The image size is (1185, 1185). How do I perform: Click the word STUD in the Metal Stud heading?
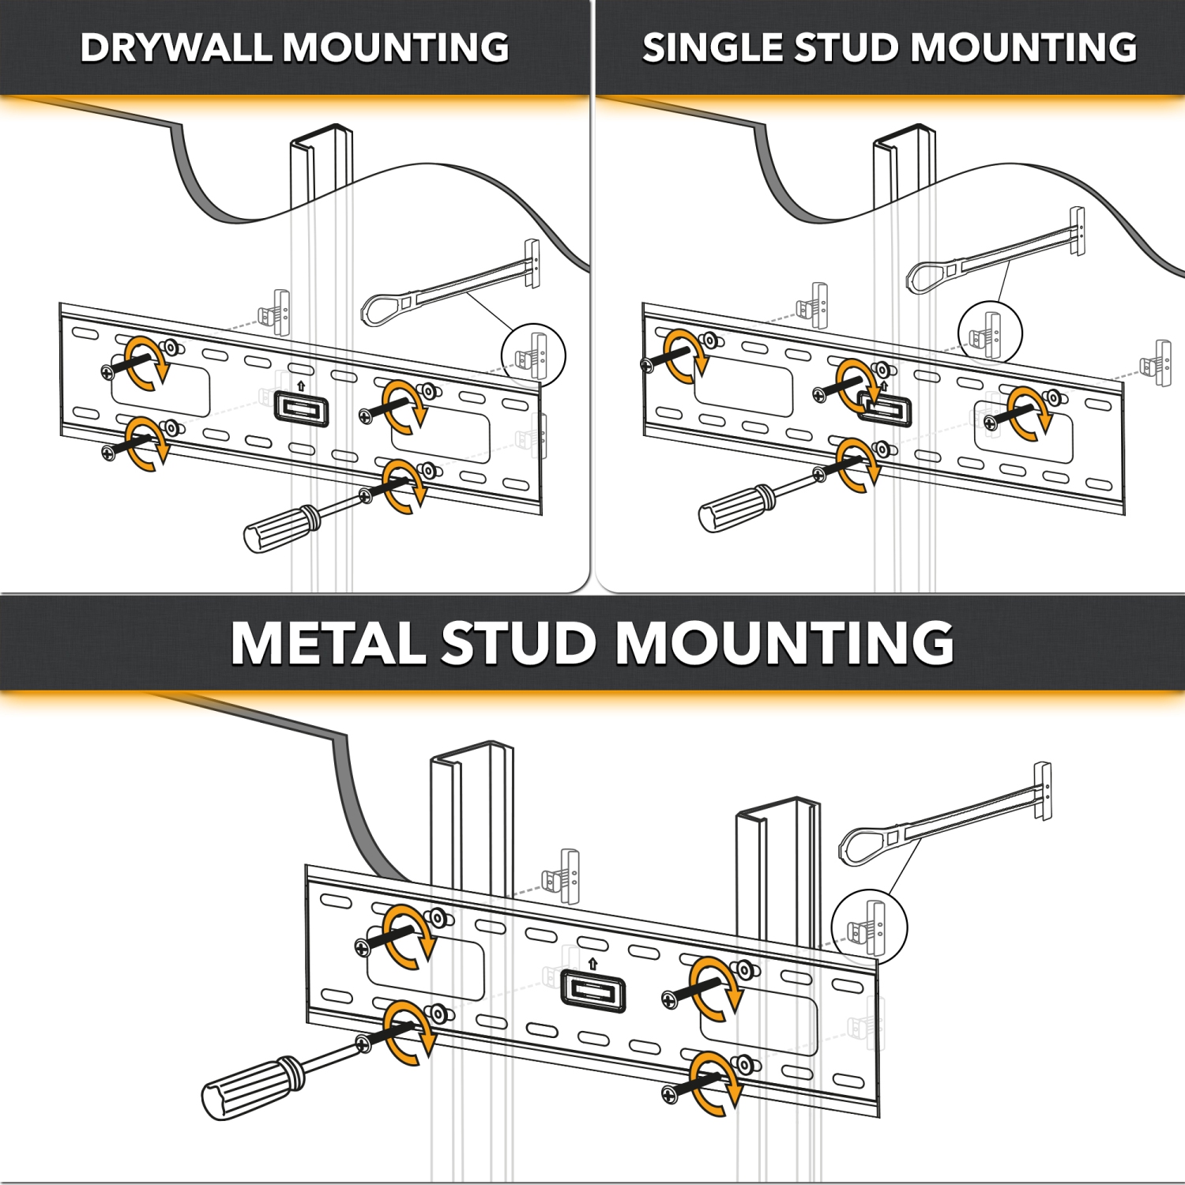[518, 643]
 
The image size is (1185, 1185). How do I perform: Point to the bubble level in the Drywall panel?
[301, 409]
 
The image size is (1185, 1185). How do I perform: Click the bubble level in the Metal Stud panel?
[593, 992]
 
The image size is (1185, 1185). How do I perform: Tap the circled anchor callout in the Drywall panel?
[534, 355]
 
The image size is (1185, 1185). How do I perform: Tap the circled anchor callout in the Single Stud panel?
[990, 333]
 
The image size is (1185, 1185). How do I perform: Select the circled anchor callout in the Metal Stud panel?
[870, 927]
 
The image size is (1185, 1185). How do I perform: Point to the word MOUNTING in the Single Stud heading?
[1025, 47]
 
